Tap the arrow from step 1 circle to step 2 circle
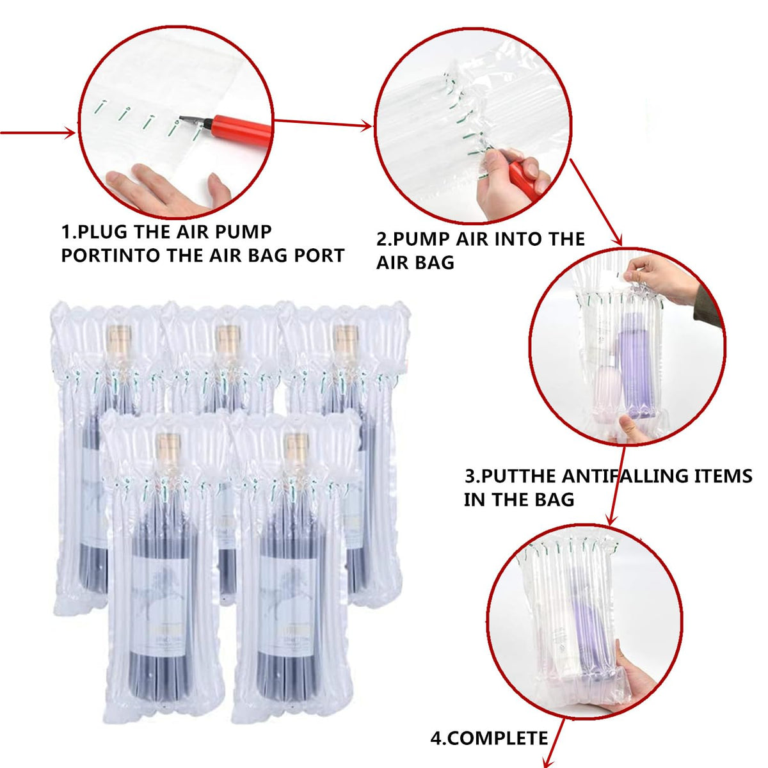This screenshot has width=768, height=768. click(323, 124)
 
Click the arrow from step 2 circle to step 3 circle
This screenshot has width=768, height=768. click(596, 202)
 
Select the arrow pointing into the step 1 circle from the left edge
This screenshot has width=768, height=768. click(38, 133)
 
